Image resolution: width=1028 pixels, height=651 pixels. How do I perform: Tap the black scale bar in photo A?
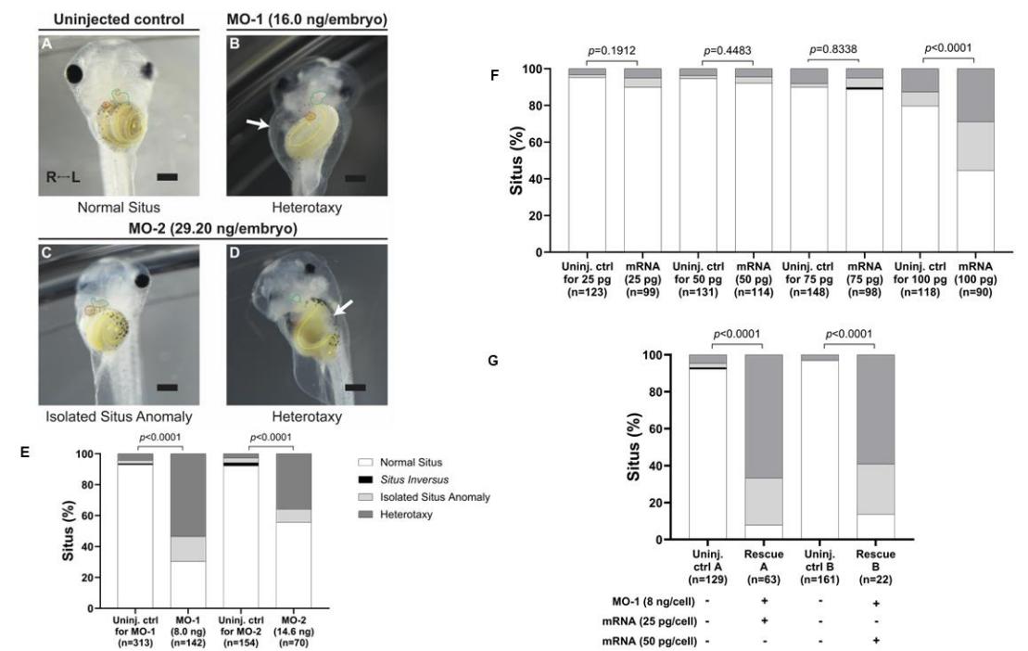(x=193, y=175)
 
